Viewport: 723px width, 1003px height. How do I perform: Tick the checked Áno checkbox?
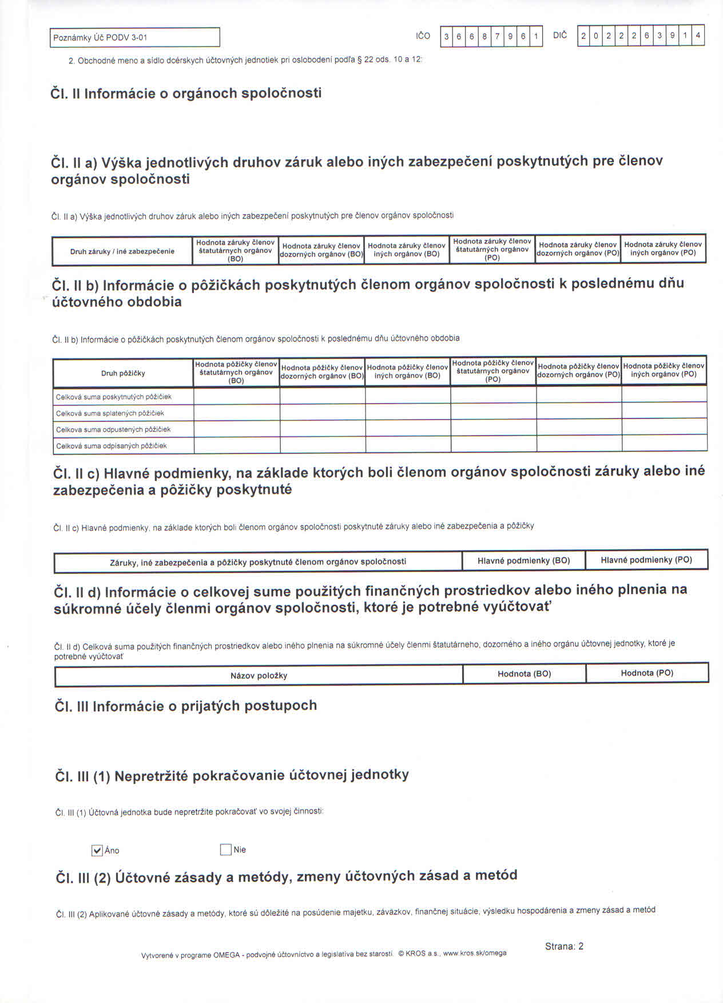click(x=97, y=850)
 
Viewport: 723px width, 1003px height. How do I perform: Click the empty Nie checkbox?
click(x=225, y=850)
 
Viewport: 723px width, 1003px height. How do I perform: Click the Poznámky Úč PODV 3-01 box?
click(x=134, y=38)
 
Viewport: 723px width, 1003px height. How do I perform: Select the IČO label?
click(x=423, y=36)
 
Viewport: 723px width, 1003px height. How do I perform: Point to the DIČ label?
click(x=560, y=35)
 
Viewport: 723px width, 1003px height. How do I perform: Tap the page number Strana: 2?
click(x=564, y=946)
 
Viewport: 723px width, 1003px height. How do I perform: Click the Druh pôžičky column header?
click(x=123, y=373)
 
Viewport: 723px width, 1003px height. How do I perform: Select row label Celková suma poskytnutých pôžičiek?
click(x=113, y=397)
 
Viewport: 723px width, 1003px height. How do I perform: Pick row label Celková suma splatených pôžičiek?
click(x=110, y=413)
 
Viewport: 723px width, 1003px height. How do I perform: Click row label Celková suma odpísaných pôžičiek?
click(x=112, y=446)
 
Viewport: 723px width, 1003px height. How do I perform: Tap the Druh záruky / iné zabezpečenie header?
click(x=122, y=251)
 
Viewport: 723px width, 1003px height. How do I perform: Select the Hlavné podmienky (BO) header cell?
click(x=523, y=561)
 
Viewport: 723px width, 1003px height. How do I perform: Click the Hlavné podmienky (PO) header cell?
click(x=646, y=560)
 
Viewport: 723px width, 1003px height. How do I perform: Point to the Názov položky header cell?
click(x=259, y=676)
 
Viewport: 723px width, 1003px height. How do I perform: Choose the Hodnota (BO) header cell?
click(x=524, y=674)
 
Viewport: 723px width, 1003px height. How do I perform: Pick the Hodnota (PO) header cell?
click(x=647, y=673)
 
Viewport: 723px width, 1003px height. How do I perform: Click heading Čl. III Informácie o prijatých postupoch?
click(x=186, y=706)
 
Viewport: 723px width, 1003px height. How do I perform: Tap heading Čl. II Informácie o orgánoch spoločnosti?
click(x=186, y=93)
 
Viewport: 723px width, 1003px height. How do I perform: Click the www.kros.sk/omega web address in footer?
click(x=475, y=953)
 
